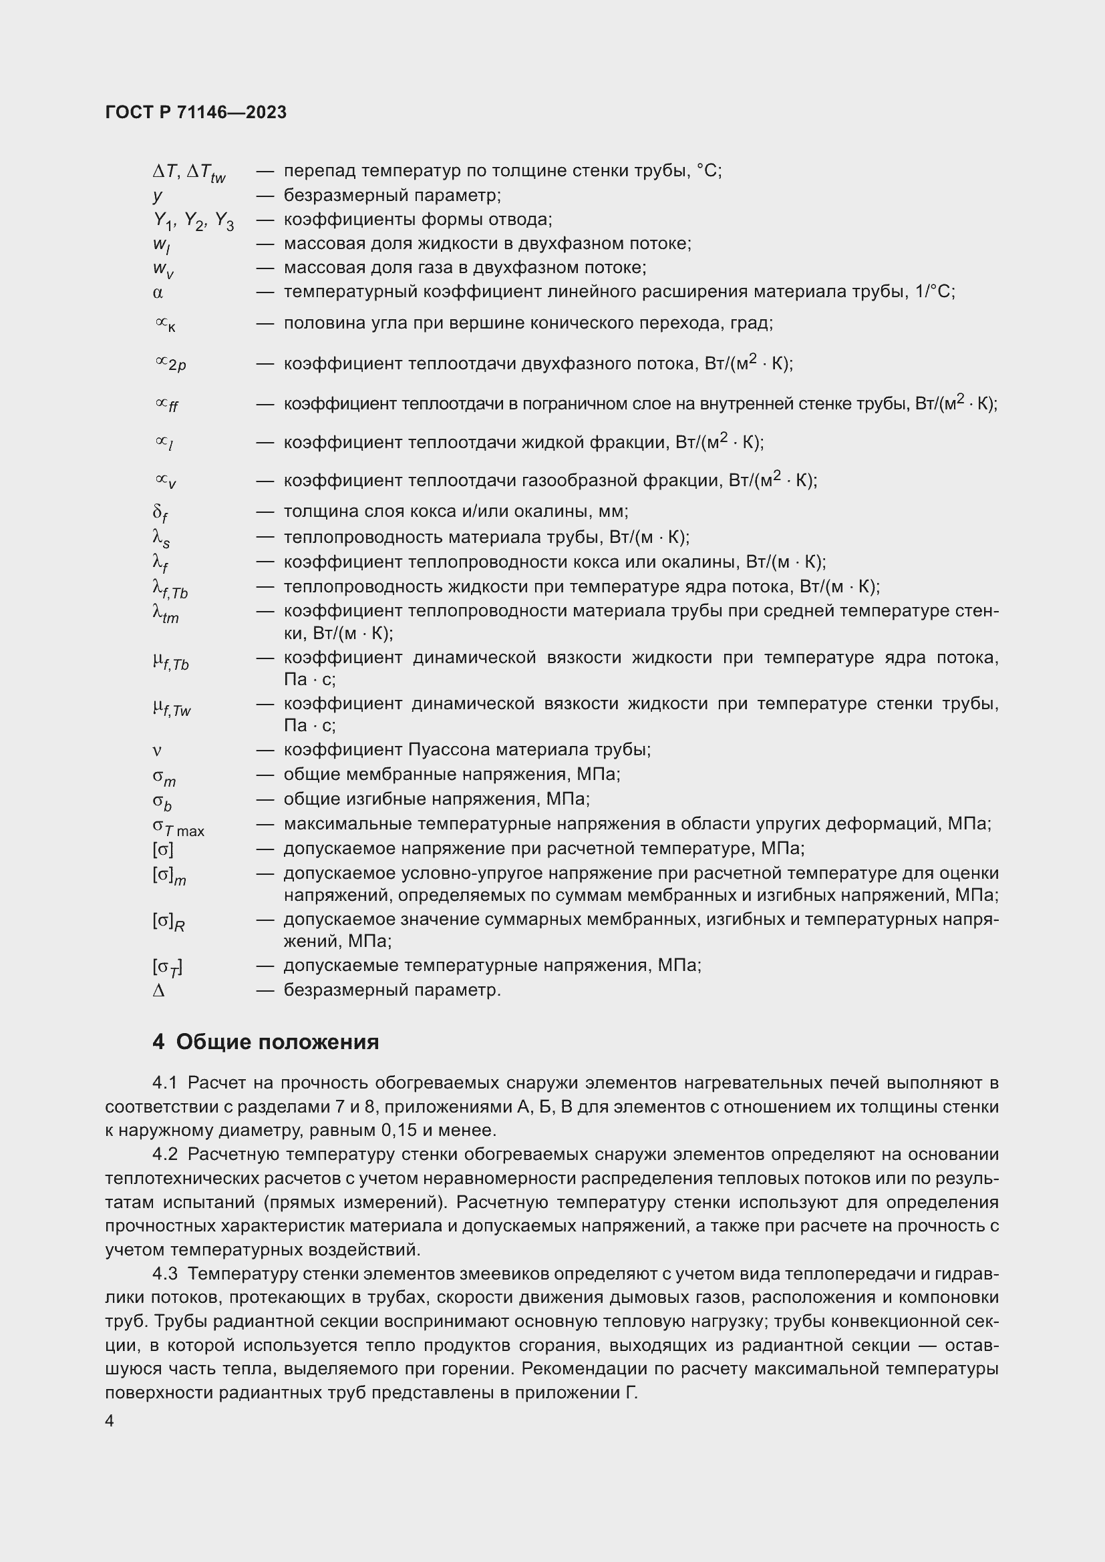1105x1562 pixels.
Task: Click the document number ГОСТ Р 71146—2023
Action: [x=196, y=113]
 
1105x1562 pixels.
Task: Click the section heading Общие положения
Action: [x=277, y=1042]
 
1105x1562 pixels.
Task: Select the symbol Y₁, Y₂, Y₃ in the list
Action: [x=193, y=221]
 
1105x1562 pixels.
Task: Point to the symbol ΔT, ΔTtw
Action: [x=188, y=173]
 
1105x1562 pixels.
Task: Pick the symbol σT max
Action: [x=178, y=827]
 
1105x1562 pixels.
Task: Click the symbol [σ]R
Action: [x=168, y=922]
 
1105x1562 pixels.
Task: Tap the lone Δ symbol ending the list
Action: [x=158, y=990]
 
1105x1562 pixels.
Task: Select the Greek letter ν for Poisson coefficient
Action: [x=157, y=751]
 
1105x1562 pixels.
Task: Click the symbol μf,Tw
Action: [x=172, y=708]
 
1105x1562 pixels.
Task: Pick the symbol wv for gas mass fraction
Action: [x=162, y=269]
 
